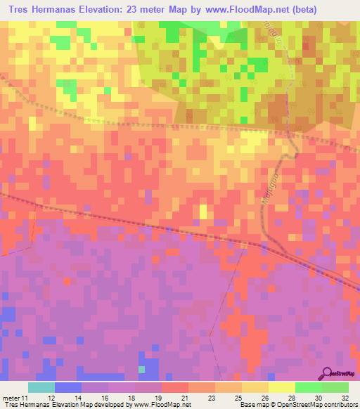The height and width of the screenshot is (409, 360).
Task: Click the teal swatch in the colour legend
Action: tap(41, 387)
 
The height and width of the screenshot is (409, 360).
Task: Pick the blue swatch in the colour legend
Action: tap(68, 387)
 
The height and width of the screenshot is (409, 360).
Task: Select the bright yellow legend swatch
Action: tap(282, 387)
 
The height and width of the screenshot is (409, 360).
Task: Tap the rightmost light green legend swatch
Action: tap(335, 387)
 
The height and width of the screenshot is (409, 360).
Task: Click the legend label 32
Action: tap(345, 397)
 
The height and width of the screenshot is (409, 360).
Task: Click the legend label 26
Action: tap(264, 397)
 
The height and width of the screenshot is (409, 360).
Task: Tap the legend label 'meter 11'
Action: tap(15, 397)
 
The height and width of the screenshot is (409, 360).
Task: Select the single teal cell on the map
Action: tap(142, 369)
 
